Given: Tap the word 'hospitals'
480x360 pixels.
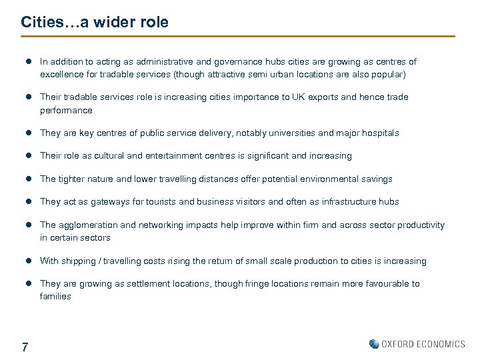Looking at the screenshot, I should pos(380,133).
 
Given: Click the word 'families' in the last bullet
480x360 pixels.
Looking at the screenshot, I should pos(55,297).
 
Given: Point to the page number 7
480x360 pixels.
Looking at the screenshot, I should pos(25,347).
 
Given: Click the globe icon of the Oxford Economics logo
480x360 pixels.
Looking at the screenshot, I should pos(374,344).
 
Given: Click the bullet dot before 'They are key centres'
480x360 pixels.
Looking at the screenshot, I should pos(29,133).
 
